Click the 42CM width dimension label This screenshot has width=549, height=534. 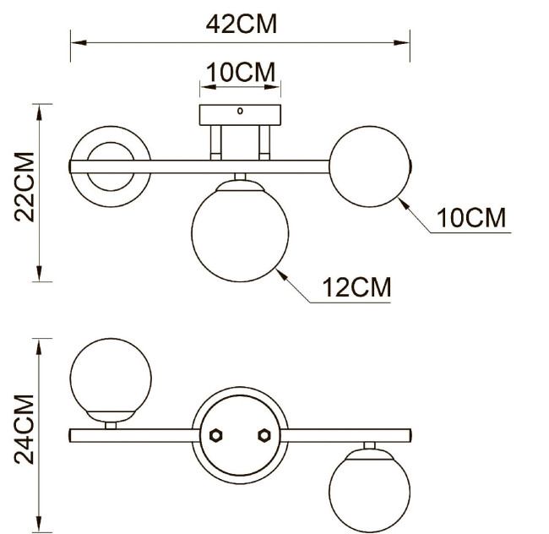(x=241, y=24)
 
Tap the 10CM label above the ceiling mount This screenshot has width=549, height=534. (x=241, y=73)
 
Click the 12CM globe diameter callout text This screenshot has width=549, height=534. (x=356, y=288)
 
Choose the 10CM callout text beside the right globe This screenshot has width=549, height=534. (x=470, y=218)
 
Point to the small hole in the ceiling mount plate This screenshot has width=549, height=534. (x=240, y=111)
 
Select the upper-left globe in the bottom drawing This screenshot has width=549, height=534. (x=111, y=378)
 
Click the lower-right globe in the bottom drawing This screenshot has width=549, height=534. (x=369, y=490)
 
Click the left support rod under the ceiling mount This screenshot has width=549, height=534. (x=216, y=141)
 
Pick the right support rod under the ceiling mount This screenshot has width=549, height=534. (x=264, y=141)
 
